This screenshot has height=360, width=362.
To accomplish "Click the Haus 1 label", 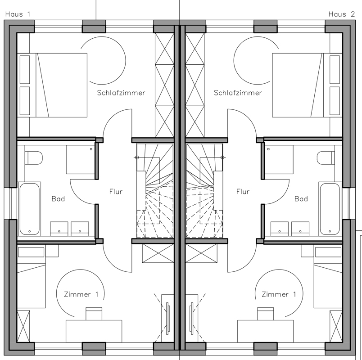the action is pyautogui.click(x=18, y=14).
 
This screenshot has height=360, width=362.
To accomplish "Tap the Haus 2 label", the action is pyautogui.click(x=342, y=14).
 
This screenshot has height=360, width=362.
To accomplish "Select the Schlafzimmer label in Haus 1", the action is pyautogui.click(x=121, y=93).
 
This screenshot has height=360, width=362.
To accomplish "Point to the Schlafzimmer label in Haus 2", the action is pyautogui.click(x=238, y=93).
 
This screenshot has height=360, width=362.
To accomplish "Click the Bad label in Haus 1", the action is pyautogui.click(x=58, y=199).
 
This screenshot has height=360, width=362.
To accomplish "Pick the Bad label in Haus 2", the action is pyautogui.click(x=301, y=199).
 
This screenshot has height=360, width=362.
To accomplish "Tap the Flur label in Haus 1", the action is pyautogui.click(x=116, y=192).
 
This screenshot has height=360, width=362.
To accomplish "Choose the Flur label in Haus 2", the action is pyautogui.click(x=243, y=192).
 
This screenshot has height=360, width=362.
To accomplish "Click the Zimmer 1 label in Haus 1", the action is pyautogui.click(x=81, y=294).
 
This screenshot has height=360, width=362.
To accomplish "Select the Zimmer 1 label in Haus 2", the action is pyautogui.click(x=279, y=294).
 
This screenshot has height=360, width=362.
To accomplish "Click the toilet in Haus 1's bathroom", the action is pyautogui.click(x=34, y=158).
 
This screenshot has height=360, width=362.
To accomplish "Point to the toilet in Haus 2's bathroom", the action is pyautogui.click(x=326, y=158).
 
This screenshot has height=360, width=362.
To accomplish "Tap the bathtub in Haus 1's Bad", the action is pyautogui.click(x=29, y=209).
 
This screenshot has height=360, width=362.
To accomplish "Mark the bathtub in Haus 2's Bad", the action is pyautogui.click(x=330, y=209).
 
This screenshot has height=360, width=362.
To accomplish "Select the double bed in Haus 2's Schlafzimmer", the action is pyautogui.click(x=307, y=85).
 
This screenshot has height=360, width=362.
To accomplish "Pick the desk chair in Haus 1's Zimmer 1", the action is pyautogui.click(x=94, y=314).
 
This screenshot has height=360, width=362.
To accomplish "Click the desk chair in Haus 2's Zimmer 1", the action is pyautogui.click(x=266, y=314).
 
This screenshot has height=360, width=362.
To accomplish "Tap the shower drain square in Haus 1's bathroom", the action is pyautogui.click(x=91, y=149).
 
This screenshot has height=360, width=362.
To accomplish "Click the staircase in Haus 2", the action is pyautogui.click(x=204, y=191).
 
